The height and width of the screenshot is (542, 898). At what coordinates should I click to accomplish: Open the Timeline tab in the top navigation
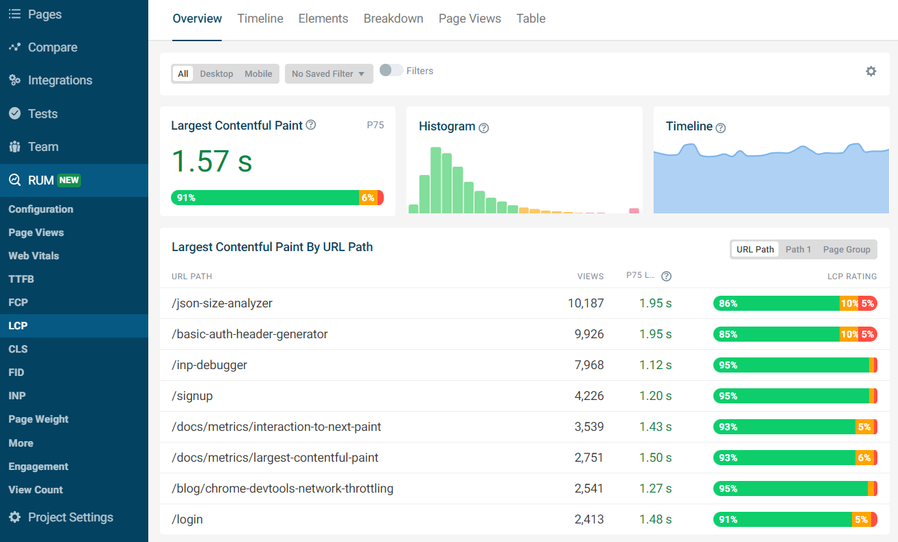[260, 19]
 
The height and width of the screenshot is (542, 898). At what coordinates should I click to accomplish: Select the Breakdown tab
[393, 19]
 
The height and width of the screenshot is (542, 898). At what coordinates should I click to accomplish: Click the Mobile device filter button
[258, 73]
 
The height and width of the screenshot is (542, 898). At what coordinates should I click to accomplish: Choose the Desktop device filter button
[216, 73]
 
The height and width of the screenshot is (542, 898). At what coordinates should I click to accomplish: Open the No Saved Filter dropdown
[328, 73]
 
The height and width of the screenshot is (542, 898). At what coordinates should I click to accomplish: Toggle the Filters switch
[391, 70]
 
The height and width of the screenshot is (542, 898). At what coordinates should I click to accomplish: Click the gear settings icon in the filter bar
[871, 71]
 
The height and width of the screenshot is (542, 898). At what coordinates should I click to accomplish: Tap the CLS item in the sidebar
[18, 349]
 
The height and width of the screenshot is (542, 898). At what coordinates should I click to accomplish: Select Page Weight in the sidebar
[38, 419]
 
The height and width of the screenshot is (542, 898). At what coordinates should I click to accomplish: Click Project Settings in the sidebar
[70, 517]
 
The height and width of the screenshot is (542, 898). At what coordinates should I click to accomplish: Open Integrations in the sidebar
[60, 80]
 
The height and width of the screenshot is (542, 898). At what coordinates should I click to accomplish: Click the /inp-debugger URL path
[209, 365]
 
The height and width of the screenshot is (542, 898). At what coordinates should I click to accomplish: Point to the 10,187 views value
[586, 303]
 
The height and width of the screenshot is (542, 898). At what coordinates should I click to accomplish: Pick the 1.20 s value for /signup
[655, 396]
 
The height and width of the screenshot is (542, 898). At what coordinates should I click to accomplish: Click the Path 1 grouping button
[798, 249]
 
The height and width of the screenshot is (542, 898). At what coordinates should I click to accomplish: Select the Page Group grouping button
[847, 249]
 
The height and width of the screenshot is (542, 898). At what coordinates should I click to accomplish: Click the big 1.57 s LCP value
[211, 161]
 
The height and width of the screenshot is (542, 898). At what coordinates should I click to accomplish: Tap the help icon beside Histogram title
[483, 128]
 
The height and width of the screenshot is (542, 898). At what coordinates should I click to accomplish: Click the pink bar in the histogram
[634, 211]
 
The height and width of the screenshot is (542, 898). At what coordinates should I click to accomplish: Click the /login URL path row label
[187, 519]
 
